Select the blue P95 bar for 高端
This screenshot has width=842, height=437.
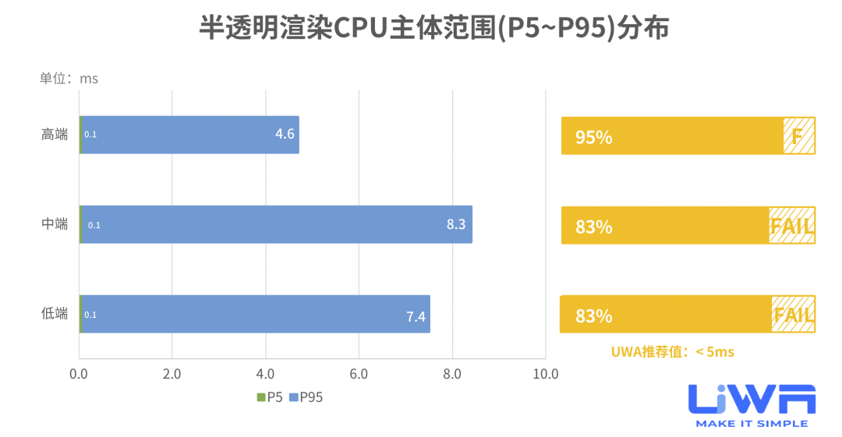tap(187, 135)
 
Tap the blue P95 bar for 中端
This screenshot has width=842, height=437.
tap(273, 224)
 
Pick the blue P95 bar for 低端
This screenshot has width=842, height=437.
tap(249, 314)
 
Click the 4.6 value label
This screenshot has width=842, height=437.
tap(285, 134)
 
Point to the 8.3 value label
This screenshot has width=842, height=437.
tap(456, 224)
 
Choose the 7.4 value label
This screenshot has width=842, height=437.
tap(416, 315)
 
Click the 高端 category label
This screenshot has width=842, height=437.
tap(55, 135)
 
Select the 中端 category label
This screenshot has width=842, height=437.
tap(55, 224)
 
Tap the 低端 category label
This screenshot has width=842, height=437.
tap(55, 314)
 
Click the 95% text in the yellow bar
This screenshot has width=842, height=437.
tap(593, 138)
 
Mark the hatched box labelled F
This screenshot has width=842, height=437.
tap(798, 136)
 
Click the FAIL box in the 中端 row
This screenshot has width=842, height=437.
tap(791, 226)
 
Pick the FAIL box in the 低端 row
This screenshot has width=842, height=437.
tap(793, 315)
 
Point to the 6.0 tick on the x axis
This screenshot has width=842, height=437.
tap(359, 374)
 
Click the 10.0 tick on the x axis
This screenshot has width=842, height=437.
tap(545, 374)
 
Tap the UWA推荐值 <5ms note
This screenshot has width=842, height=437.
tap(671, 352)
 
